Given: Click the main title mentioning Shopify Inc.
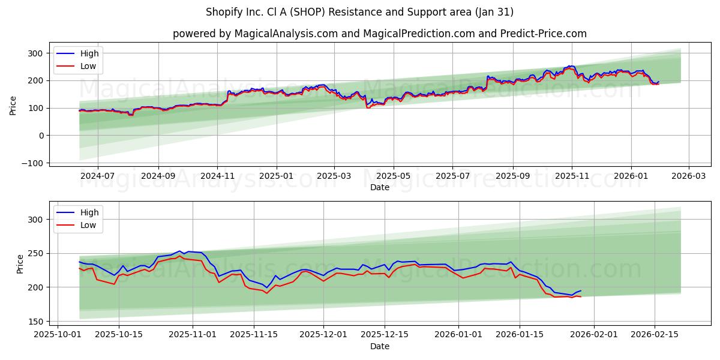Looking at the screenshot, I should click(x=359, y=12).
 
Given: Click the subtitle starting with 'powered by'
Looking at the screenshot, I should click(x=379, y=34).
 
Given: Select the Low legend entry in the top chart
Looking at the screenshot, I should click(x=88, y=66).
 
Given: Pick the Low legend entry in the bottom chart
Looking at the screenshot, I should click(x=88, y=225).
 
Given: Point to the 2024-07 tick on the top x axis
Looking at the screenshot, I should click(x=97, y=176).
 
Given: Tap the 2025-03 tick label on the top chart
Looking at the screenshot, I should click(x=333, y=176).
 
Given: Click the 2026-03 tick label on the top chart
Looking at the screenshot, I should click(x=688, y=176).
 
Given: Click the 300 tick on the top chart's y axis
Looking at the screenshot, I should click(x=36, y=53).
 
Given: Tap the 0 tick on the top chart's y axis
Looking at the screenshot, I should click(x=41, y=136).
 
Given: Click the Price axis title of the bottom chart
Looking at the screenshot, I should click(x=20, y=264).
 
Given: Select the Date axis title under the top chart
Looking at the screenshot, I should click(x=379, y=187).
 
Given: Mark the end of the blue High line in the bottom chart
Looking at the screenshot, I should click(x=581, y=290).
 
